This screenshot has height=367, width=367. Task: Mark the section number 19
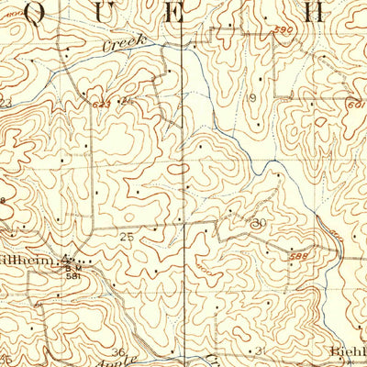point(250,97)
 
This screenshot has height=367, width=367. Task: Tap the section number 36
point(117,351)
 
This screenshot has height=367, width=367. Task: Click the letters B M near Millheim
point(69,266)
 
